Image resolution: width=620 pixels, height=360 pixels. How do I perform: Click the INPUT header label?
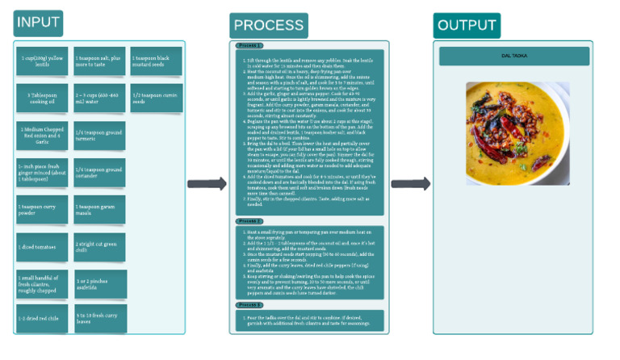pos(37,23)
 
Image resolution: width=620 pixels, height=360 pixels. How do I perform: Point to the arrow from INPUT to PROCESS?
pos(212,184)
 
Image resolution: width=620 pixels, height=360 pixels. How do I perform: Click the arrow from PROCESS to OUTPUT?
pos(411,184)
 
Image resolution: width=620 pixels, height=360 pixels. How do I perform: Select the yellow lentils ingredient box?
pos(42,61)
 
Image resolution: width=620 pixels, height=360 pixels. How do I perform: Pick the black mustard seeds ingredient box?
pos(156,61)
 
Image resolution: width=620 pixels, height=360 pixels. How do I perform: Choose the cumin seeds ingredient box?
pos(156,98)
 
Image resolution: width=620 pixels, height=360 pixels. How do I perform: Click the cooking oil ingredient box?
pos(42,98)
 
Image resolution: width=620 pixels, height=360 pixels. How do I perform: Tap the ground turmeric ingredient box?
pos(100,135)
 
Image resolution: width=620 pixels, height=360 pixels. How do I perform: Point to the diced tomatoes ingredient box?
pos(42,247)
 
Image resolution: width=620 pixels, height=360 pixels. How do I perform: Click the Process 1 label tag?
pos(248,46)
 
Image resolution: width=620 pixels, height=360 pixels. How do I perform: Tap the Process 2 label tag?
pos(248,220)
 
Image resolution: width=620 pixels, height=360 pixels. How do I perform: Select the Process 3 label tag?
pos(248,305)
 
